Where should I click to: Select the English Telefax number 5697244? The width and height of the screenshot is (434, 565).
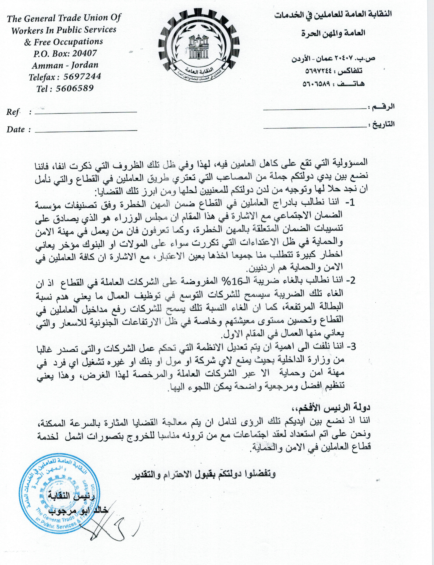82,76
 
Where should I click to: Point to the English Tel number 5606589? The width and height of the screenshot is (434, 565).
74,89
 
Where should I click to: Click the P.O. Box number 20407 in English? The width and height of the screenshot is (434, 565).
85,53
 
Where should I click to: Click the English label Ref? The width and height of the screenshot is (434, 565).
13,112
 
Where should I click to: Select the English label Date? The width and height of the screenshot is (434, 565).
16,129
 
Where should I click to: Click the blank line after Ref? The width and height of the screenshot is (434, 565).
85,113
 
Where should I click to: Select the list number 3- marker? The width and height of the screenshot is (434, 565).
351,347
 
